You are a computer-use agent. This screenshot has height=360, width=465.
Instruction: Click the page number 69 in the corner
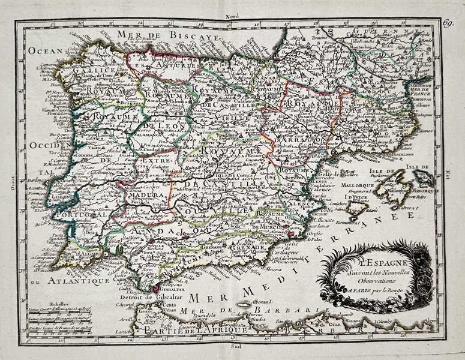click(448, 23)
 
